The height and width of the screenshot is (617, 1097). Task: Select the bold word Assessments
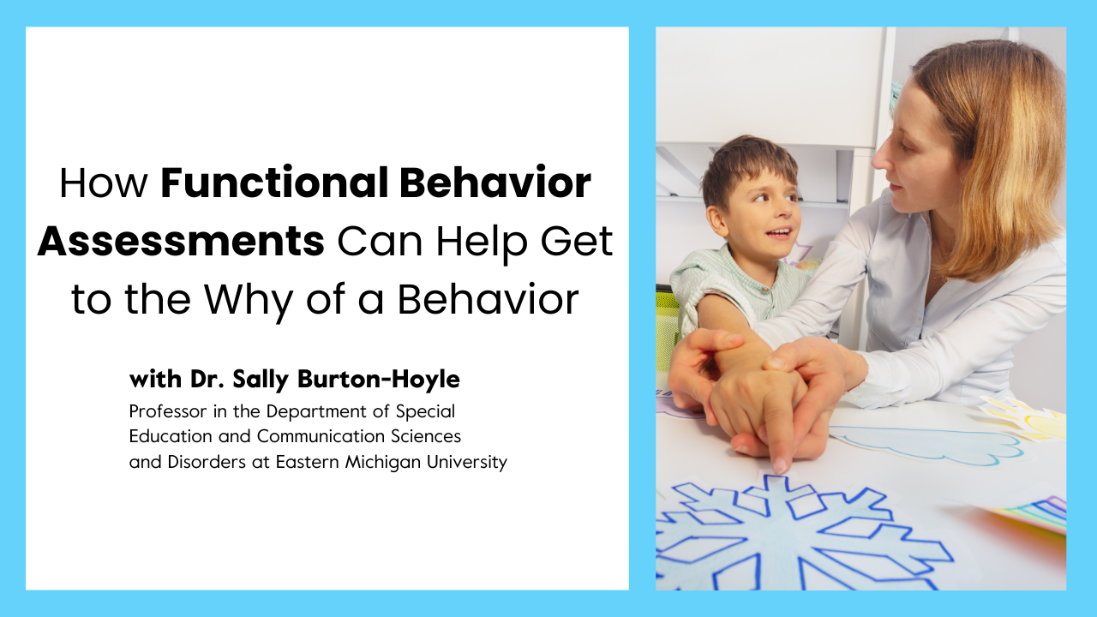click(181, 242)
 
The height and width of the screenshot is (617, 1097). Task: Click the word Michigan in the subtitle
click(368, 462)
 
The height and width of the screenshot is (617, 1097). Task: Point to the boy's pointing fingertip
click(779, 468)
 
